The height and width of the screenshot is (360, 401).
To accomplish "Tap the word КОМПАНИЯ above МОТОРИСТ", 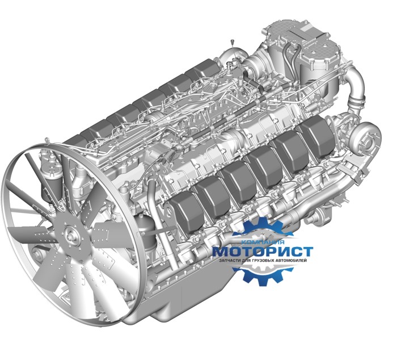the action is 263,242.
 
